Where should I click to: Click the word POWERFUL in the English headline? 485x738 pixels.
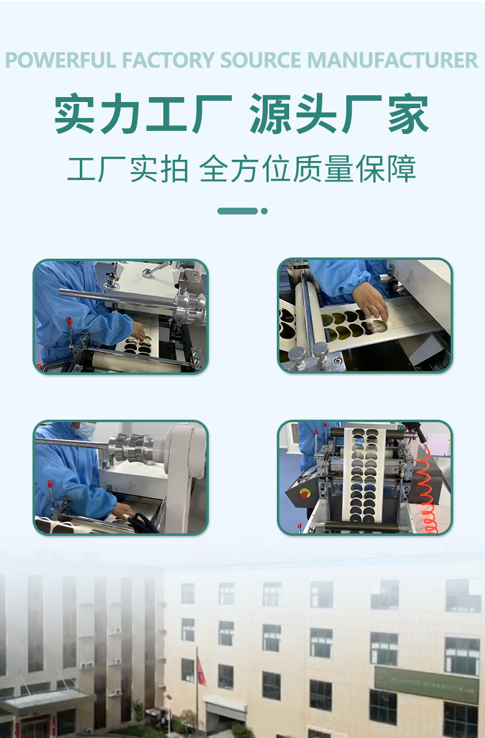point(61,60)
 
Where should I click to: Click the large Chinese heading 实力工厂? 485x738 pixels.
point(142,115)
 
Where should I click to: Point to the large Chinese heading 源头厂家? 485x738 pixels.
point(339,115)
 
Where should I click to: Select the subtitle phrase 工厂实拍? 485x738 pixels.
point(127,169)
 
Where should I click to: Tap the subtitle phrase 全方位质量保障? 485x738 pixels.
point(308,169)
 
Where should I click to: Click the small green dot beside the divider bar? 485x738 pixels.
point(264,211)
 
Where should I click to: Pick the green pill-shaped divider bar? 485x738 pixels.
point(238,211)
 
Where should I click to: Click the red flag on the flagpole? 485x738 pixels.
point(201,669)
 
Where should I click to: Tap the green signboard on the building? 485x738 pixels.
point(426,685)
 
